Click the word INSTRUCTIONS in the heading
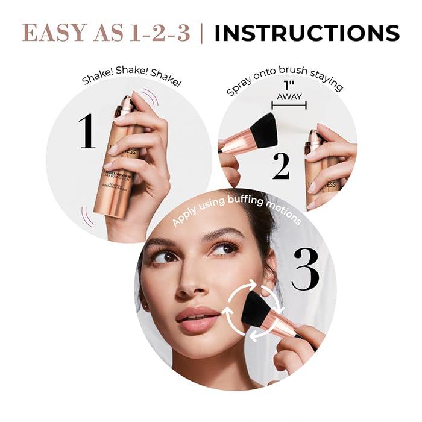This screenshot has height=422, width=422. (x=307, y=33)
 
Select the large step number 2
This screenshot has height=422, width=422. (x=281, y=167)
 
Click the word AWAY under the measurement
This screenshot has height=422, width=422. (x=289, y=97)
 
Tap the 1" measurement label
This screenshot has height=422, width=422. (x=289, y=86)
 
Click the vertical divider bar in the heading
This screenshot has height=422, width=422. (x=202, y=33)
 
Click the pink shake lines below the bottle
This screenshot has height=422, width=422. (x=88, y=217)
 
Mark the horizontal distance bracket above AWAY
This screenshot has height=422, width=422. (x=289, y=105)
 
